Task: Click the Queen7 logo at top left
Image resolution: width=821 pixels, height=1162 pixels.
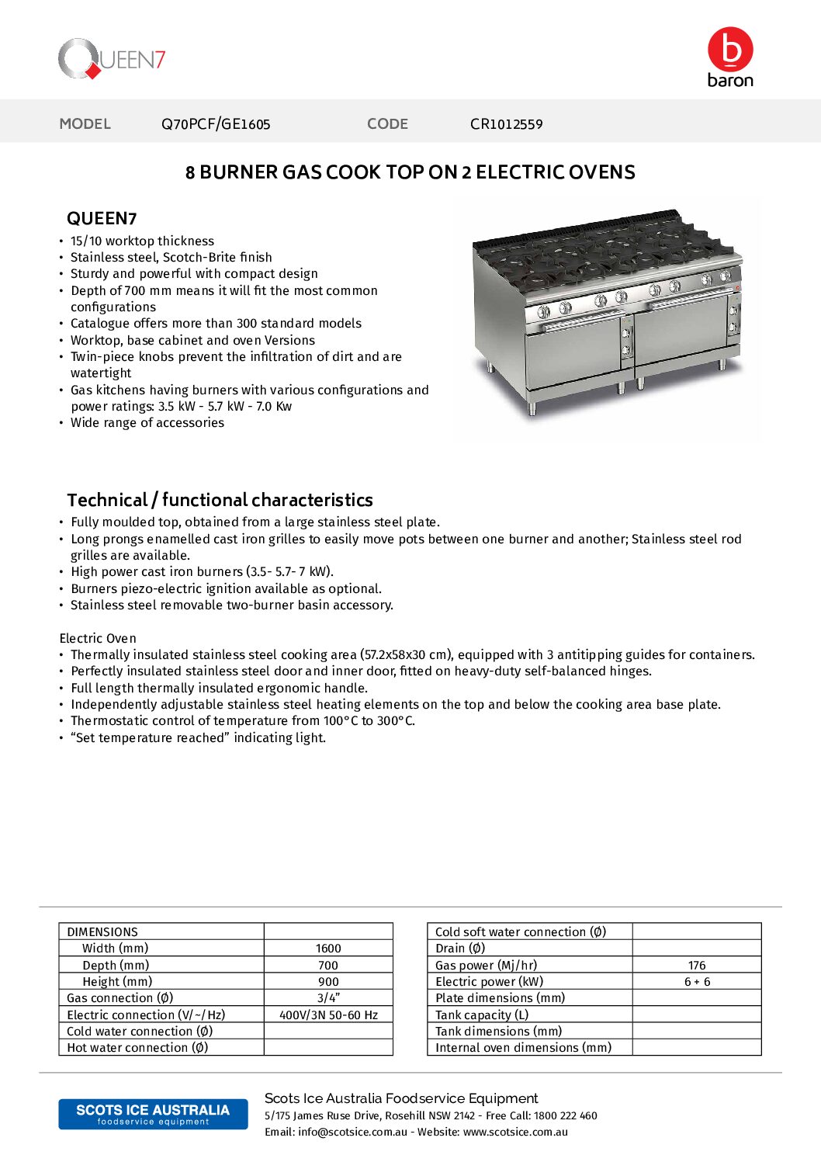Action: click(x=112, y=59)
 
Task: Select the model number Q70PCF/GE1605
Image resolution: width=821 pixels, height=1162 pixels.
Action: click(x=216, y=124)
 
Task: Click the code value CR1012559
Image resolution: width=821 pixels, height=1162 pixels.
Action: click(x=506, y=124)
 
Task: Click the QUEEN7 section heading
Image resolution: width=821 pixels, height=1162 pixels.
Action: click(x=102, y=219)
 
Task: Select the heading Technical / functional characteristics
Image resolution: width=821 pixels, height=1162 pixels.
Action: click(x=220, y=500)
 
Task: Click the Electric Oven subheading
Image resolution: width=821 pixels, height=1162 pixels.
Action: click(x=98, y=638)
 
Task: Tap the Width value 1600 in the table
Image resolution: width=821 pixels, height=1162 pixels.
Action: click(x=328, y=949)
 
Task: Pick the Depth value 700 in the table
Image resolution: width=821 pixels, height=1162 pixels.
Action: click(x=328, y=965)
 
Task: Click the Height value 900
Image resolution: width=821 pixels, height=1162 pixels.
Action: click(x=328, y=982)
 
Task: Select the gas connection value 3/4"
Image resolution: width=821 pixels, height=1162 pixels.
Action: click(x=328, y=998)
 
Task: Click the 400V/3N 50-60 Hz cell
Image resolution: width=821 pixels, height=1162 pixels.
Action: click(x=328, y=1015)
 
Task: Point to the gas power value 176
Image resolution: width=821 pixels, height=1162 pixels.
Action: click(x=697, y=965)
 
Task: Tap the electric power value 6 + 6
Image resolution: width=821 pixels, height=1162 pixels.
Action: click(x=697, y=982)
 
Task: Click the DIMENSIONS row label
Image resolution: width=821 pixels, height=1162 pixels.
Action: click(x=102, y=931)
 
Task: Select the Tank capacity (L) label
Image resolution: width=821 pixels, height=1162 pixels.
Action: click(x=482, y=1015)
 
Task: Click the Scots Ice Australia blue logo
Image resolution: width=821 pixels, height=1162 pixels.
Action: click(x=153, y=1114)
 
